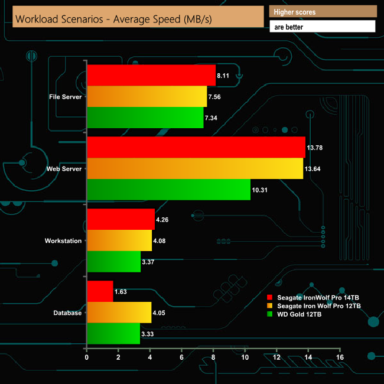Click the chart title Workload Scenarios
point(113,19)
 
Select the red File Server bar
point(151,75)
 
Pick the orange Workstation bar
point(119,240)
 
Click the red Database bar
point(100,291)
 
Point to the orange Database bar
point(119,313)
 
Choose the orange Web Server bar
point(195,168)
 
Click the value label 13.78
point(315,147)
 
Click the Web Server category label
point(64,169)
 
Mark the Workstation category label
point(63,241)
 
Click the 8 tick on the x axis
point(213,357)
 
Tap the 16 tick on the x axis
point(340,357)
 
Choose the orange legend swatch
point(270,305)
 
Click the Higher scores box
point(323,12)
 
